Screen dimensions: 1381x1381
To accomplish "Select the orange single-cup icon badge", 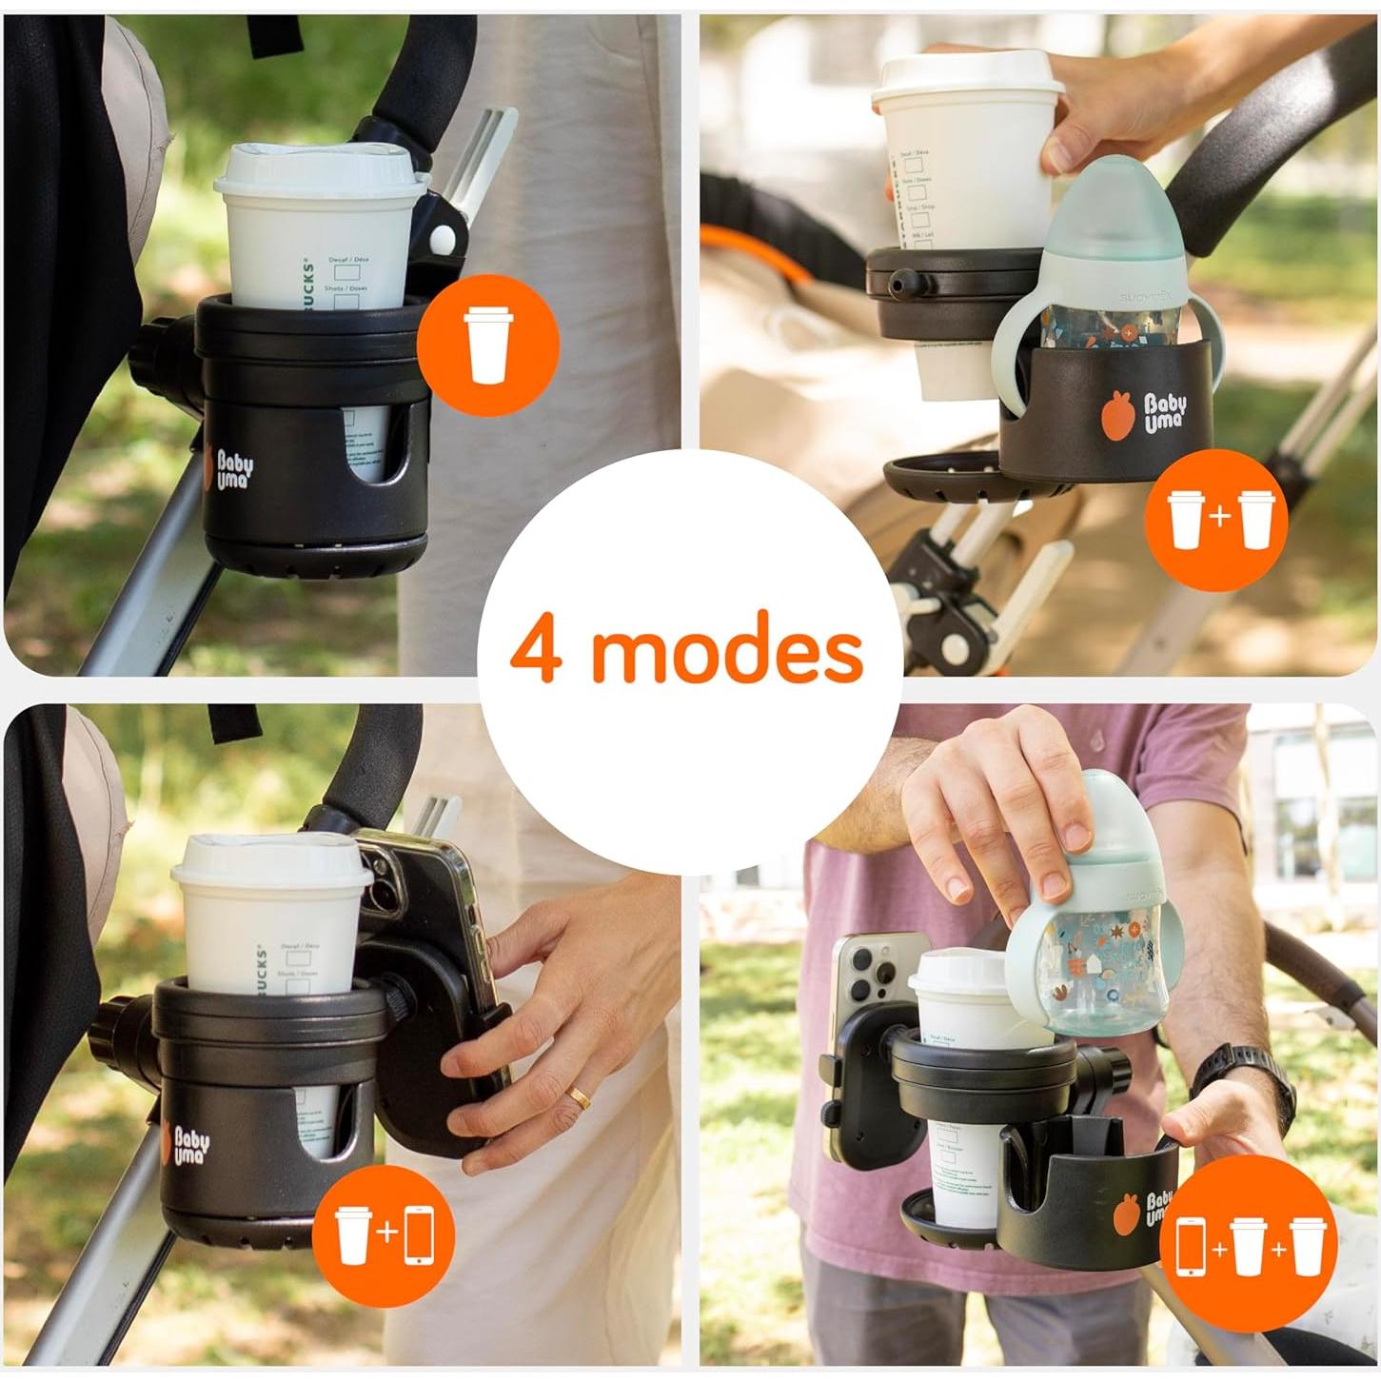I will (486, 345).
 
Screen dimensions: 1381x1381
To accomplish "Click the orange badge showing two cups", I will (1216, 519).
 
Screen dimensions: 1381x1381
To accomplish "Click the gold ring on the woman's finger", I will (579, 1098).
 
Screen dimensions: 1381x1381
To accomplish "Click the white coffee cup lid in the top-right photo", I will (969, 74).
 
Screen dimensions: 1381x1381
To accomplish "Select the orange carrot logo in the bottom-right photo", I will (1127, 1214).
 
